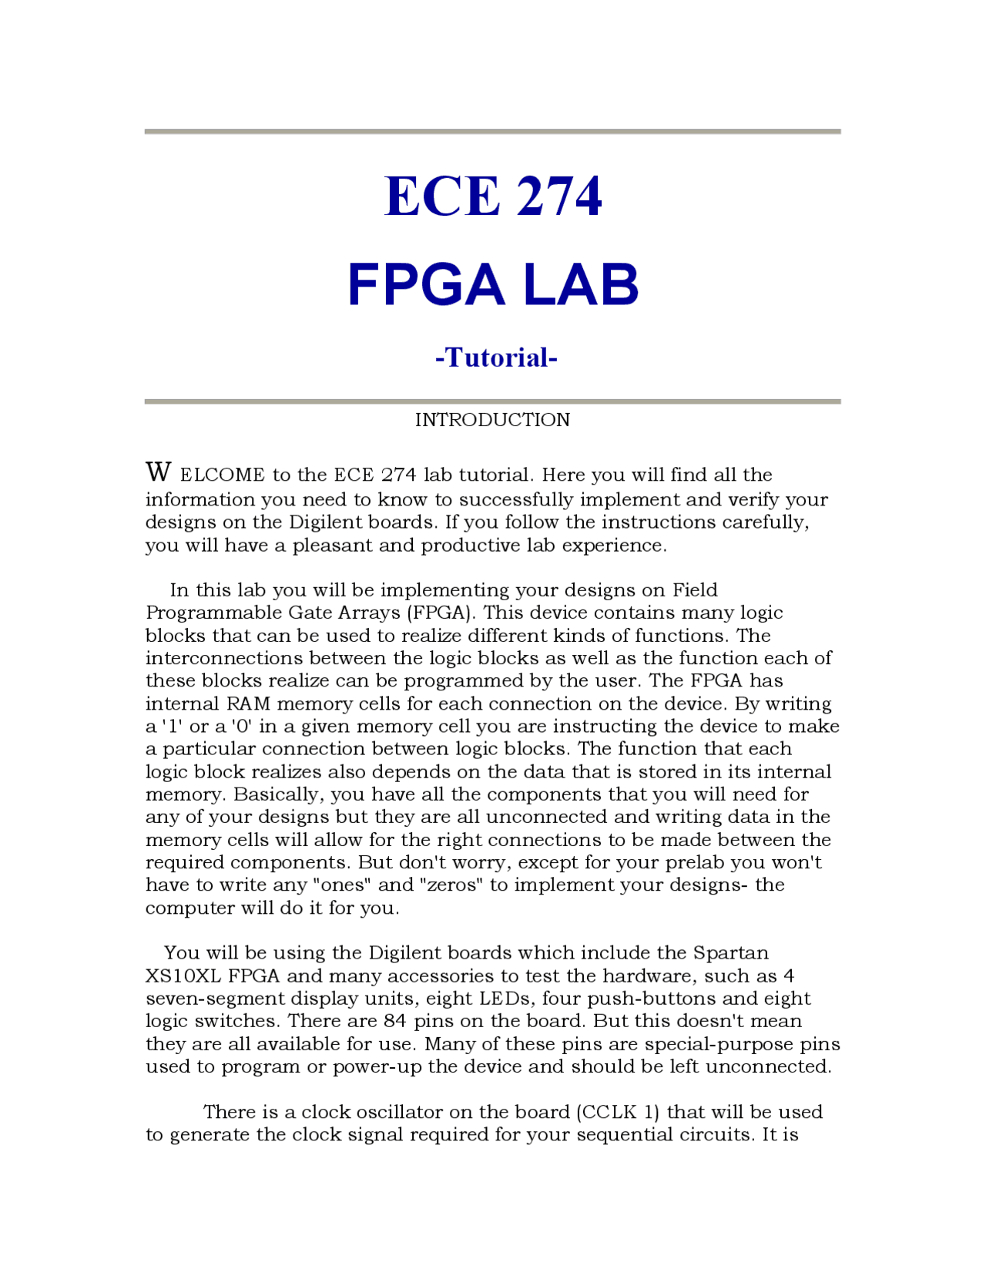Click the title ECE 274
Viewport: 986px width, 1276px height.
[492, 196]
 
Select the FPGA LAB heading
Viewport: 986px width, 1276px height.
[492, 284]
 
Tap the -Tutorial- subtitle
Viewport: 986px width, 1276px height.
[495, 358]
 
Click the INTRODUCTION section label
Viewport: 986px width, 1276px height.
[492, 420]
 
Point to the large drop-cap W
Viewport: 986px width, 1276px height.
[158, 472]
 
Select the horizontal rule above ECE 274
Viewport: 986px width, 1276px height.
[492, 132]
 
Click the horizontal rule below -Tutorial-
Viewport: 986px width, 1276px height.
[492, 401]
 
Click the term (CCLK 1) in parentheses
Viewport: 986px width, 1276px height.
[618, 1113]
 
